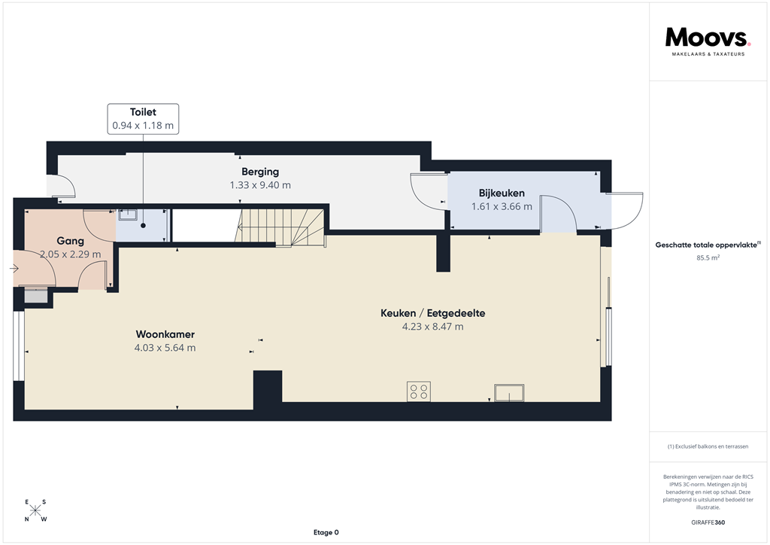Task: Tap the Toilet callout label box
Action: [x=143, y=119]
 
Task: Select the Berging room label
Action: [x=260, y=172]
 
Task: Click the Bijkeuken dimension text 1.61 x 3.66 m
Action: [x=502, y=206]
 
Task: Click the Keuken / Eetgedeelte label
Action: [x=433, y=313]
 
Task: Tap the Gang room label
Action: [x=69, y=241]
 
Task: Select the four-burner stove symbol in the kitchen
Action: [x=419, y=391]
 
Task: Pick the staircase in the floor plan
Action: [x=280, y=226]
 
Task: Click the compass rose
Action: [x=35, y=510]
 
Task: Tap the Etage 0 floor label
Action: [x=326, y=533]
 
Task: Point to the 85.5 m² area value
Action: [x=708, y=257]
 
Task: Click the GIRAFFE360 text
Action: [x=708, y=522]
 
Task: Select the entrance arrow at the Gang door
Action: [x=16, y=268]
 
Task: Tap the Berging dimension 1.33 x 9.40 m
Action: [x=260, y=184]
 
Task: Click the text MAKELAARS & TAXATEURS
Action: [x=708, y=54]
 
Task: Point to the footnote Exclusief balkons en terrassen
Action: [x=708, y=446]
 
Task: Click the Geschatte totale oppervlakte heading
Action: [x=708, y=244]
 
